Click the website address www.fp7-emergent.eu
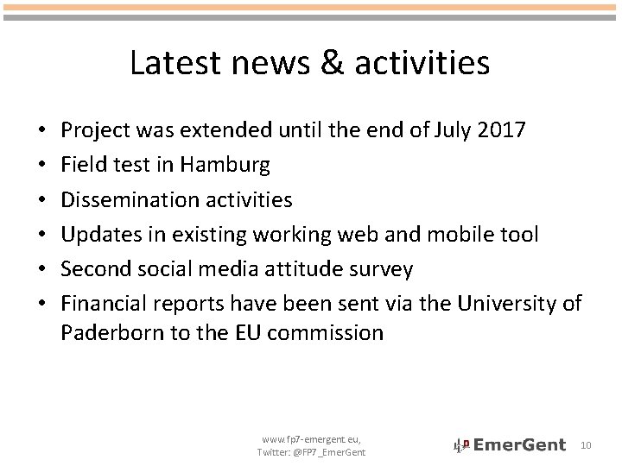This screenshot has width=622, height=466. click(310, 439)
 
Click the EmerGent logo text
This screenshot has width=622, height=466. click(521, 445)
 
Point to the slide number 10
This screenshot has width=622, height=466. click(586, 444)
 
